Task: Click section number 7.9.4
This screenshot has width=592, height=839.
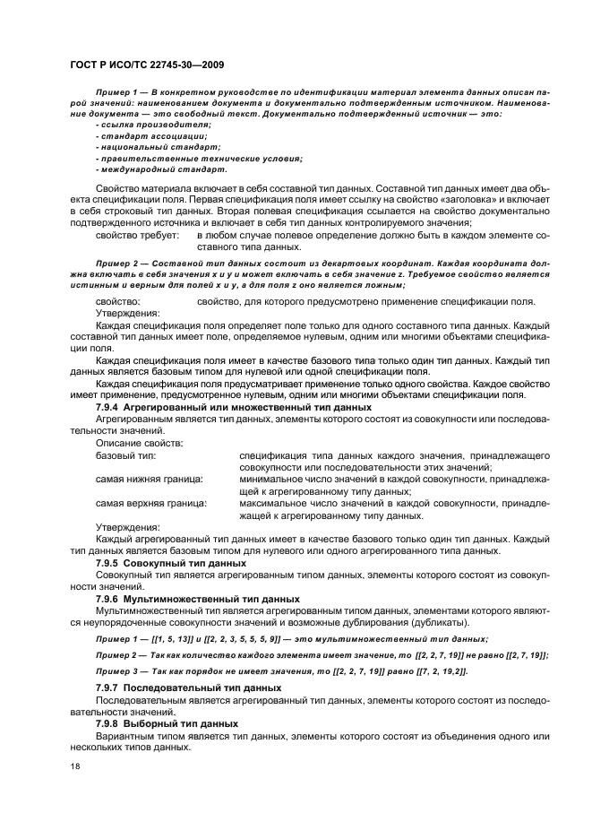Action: coord(107,407)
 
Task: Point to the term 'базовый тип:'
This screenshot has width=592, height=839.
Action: coord(125,456)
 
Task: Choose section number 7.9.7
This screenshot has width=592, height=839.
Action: coord(107,688)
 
